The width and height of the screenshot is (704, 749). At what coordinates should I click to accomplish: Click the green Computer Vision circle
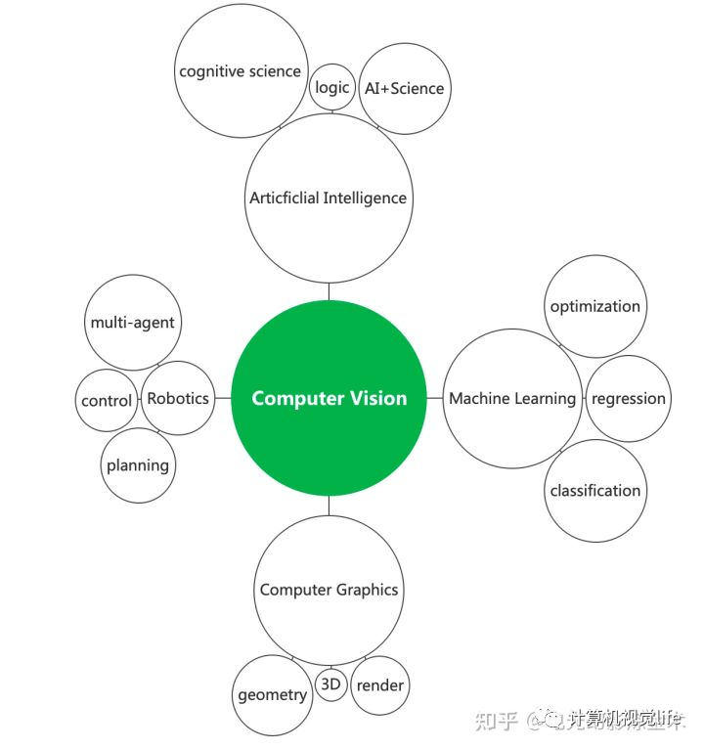(x=329, y=398)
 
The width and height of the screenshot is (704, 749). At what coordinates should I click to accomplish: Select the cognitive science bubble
(x=241, y=71)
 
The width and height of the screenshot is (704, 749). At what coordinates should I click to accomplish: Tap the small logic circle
(x=332, y=88)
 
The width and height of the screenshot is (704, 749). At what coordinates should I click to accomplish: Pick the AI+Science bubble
(x=404, y=88)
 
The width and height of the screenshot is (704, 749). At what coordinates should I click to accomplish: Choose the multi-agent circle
(x=133, y=323)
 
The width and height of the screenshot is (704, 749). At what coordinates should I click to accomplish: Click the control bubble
(x=107, y=401)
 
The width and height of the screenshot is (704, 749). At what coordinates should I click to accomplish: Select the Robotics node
(x=178, y=398)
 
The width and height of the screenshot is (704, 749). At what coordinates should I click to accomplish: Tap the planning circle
(x=138, y=465)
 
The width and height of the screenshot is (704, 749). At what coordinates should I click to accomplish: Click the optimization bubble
(x=594, y=306)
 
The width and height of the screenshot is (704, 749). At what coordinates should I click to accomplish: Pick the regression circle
(x=628, y=398)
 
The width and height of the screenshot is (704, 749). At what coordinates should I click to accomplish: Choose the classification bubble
(x=594, y=491)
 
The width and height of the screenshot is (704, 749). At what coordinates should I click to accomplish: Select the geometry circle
(x=272, y=695)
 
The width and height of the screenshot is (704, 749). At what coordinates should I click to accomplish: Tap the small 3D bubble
(x=331, y=684)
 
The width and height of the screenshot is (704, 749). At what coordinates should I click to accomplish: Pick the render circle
(x=379, y=684)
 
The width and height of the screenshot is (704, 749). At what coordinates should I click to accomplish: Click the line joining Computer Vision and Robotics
(x=223, y=398)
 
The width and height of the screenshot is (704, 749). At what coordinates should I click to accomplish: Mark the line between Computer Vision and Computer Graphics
(x=329, y=506)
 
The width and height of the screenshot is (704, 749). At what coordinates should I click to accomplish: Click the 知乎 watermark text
(x=496, y=721)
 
